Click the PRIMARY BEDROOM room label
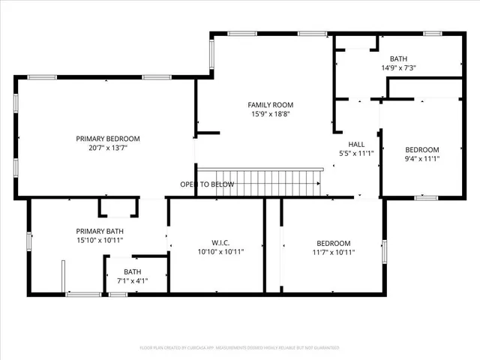coord(108,139)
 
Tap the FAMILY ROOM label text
coord(271,105)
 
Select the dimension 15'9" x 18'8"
coord(271,115)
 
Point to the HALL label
coord(356,144)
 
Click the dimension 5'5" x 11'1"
coord(356,154)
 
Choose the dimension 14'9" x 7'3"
coord(398,67)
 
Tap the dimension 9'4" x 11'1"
coord(422,158)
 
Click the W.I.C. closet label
coord(220,243)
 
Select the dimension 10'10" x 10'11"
coord(220,253)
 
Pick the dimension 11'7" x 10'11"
coord(333,253)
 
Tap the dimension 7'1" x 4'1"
coord(132,280)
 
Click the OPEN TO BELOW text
coord(207,184)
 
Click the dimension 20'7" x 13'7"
coord(108,148)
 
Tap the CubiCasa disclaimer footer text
coord(240,348)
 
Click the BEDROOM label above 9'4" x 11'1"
coord(422,149)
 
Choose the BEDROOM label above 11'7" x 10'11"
coord(333,243)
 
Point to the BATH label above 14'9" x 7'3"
coord(398,58)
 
